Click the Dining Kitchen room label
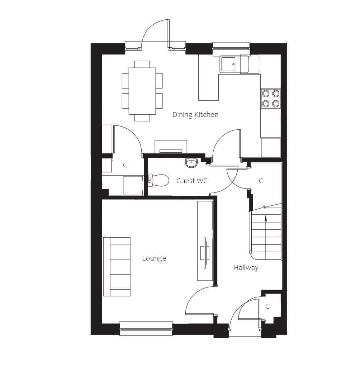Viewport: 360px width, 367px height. pos(195,114)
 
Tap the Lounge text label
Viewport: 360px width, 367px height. pos(154,258)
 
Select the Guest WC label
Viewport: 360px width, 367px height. pos(192,181)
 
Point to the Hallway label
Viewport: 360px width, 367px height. pos(246,267)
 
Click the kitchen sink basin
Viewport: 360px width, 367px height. pos(227,64)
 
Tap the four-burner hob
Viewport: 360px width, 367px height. pos(270,98)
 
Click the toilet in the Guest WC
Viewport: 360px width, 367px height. pos(158,180)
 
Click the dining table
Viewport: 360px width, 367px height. pos(142,91)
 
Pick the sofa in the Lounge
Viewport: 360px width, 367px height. pos(117,267)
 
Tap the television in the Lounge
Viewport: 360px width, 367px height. pos(205,253)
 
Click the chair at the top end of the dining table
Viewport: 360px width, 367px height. pos(142,65)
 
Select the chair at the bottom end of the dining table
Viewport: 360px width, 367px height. pos(142,118)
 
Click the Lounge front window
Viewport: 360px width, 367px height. pos(146,329)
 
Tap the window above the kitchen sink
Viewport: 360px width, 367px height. pos(231,46)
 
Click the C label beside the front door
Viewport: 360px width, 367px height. pos(267,306)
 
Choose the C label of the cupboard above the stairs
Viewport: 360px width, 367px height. pos(261,181)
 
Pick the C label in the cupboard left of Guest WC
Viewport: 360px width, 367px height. pos(125,165)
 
